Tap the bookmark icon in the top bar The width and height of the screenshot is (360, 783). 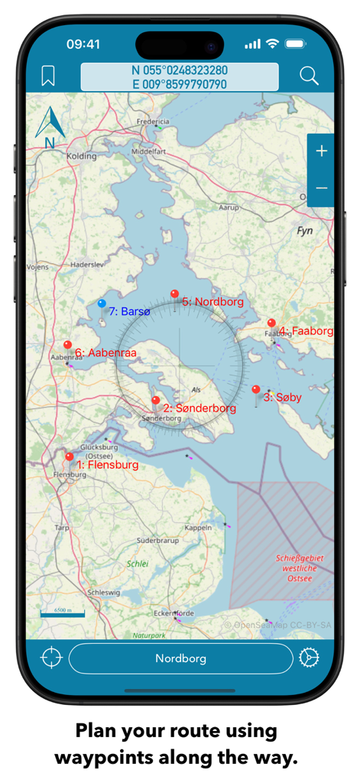(x=48, y=76)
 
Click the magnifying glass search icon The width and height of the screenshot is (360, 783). (x=309, y=76)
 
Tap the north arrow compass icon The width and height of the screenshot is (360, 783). (x=50, y=126)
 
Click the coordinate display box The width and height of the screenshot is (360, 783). (x=180, y=76)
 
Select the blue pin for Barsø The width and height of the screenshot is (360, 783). (x=102, y=304)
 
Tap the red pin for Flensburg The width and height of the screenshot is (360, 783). (x=70, y=457)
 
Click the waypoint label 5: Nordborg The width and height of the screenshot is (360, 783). (x=212, y=302)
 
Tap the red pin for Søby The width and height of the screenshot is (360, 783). (x=256, y=390)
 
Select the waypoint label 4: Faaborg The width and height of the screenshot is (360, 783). (x=306, y=331)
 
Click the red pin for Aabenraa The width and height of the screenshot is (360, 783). (x=67, y=346)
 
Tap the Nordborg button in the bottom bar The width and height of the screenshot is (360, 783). (x=181, y=658)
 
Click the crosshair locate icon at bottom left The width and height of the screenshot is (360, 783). (x=51, y=658)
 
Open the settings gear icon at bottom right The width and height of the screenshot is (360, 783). (x=309, y=658)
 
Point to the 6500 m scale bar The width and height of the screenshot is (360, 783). (x=63, y=612)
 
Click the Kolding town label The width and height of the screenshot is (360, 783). (x=82, y=156)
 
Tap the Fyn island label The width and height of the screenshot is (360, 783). (x=305, y=230)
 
